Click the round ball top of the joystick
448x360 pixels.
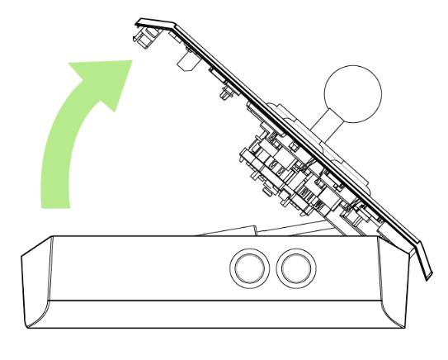point(353,92)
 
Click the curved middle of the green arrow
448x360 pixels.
point(70,124)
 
